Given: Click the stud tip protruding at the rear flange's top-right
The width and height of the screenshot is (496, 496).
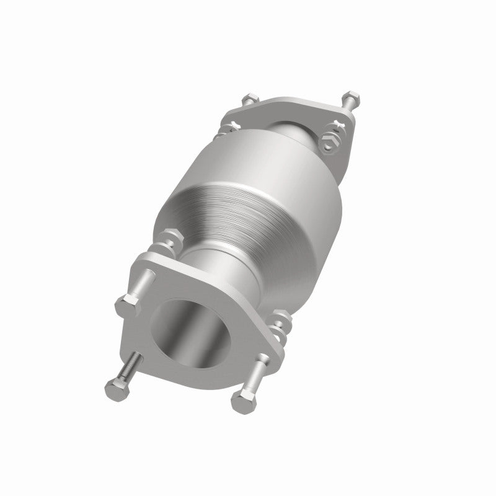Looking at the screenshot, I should [351, 97].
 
